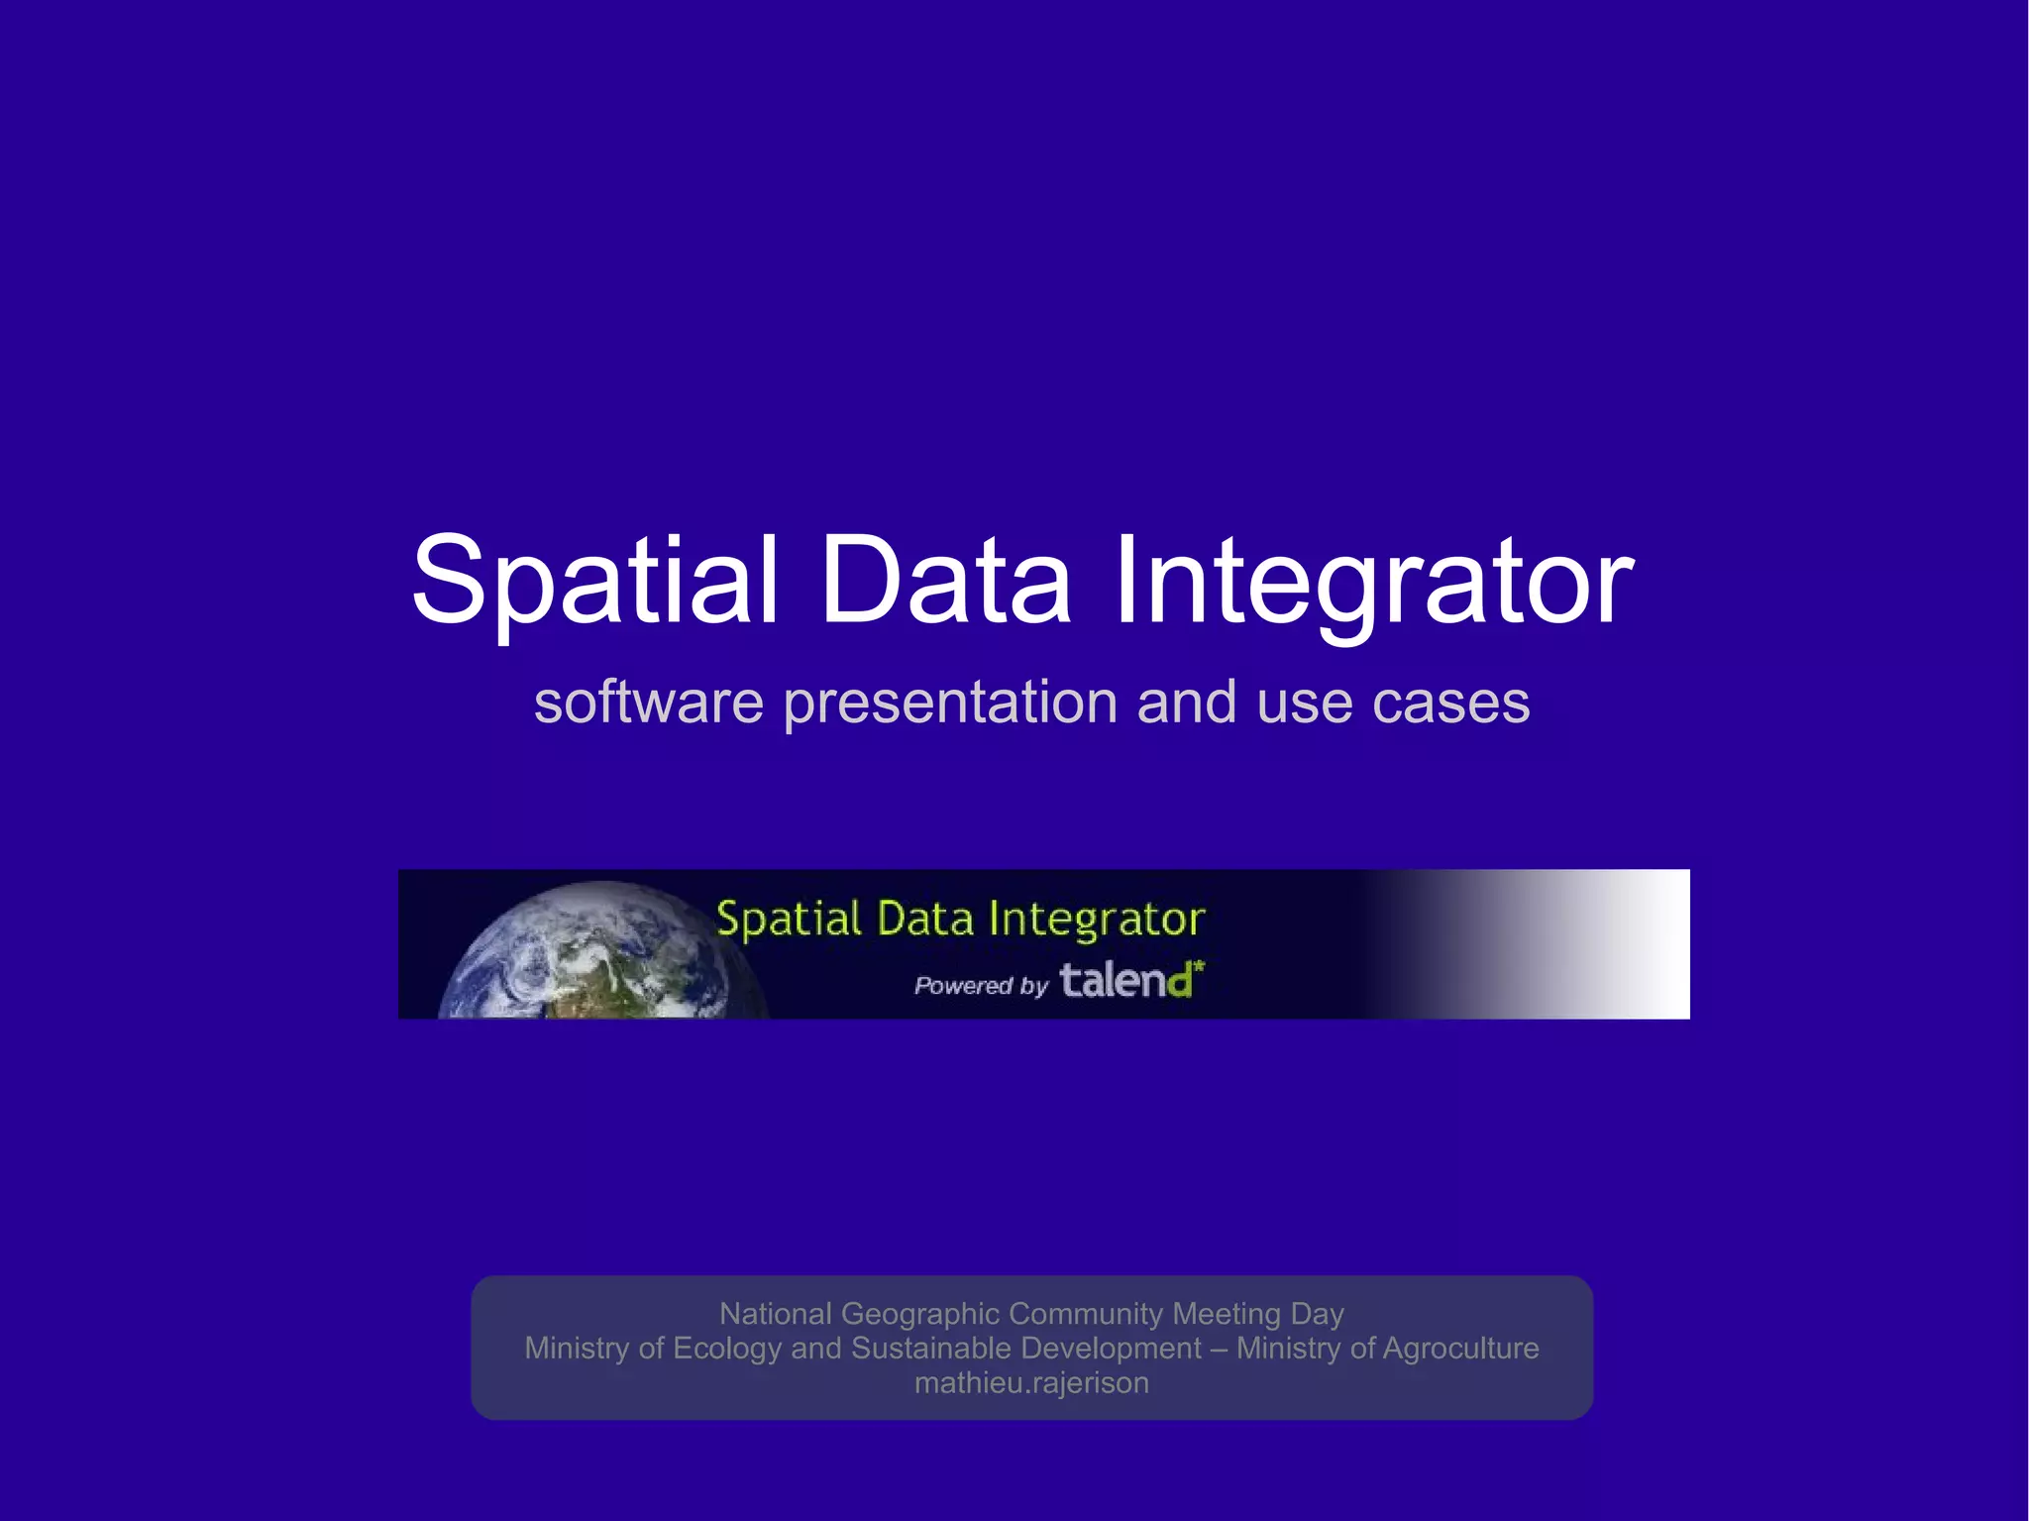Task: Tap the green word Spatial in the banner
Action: tap(789, 920)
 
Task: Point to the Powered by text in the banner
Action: tap(981, 985)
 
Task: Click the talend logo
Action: tap(1127, 981)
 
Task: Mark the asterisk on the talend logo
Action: tap(1199, 965)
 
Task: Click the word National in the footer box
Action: tap(776, 1313)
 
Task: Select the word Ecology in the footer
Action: tap(726, 1348)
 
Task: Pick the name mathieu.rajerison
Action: tap(1031, 1382)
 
